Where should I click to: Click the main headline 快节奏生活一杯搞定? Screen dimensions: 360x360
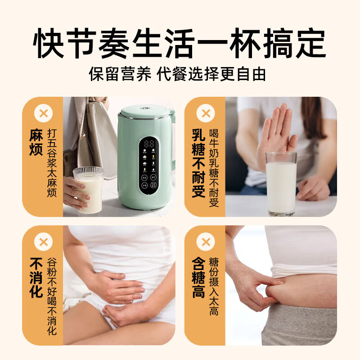pos(180,44)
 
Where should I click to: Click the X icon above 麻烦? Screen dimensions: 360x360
pos(43,113)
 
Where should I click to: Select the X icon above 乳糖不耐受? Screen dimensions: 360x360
pos(206,113)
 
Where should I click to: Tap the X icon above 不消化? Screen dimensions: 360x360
pos(43,242)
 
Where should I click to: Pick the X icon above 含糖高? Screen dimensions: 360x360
pos(206,242)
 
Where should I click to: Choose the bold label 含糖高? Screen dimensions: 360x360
pos(198,278)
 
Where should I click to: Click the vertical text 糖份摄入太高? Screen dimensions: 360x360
pos(214,286)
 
